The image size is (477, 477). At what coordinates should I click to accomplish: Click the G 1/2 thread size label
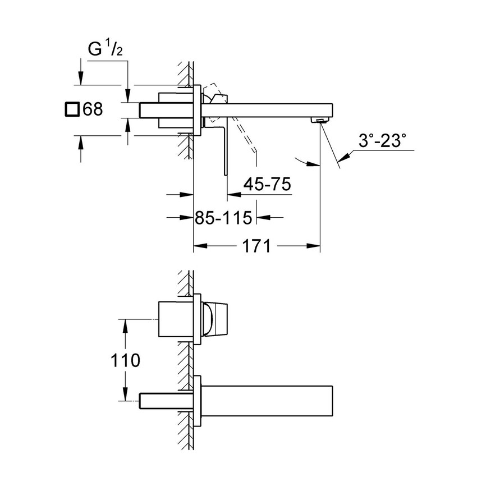coord(106,49)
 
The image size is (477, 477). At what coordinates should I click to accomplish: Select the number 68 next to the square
coord(93,109)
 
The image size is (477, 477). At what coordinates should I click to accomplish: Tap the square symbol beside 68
coord(71,109)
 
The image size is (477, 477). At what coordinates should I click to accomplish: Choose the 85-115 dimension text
coord(223,217)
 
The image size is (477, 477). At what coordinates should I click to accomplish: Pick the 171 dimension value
coord(257,246)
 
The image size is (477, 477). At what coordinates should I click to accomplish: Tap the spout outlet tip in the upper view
coord(320,120)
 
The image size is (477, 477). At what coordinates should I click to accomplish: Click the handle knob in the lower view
coord(214,319)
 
